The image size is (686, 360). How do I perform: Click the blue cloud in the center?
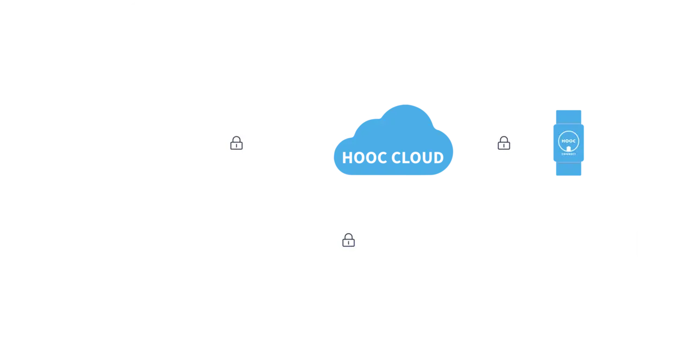394,141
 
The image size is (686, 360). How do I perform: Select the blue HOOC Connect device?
568,143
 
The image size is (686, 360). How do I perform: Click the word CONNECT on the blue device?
568,155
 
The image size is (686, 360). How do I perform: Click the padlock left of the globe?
236,143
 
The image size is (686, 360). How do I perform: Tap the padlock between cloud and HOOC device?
504,143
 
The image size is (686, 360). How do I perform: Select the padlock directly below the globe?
348,241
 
